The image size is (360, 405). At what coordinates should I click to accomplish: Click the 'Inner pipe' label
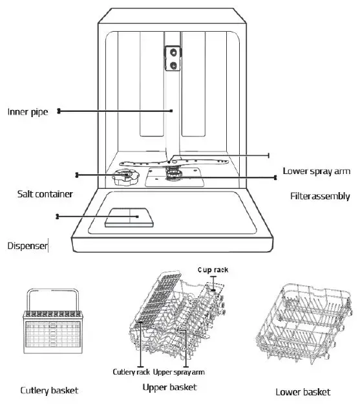(x=28, y=111)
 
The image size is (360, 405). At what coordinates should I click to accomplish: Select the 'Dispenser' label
(x=27, y=245)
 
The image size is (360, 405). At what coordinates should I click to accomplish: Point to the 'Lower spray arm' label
(x=317, y=171)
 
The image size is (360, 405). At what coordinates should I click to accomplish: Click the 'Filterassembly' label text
(x=319, y=196)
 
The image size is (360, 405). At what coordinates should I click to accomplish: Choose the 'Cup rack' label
(x=213, y=268)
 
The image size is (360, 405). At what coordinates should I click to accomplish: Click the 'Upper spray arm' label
(x=188, y=371)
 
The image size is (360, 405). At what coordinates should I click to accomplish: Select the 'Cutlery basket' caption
(x=49, y=390)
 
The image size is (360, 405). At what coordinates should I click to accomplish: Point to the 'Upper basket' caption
(x=169, y=387)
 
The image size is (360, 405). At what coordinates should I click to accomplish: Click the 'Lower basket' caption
(x=302, y=391)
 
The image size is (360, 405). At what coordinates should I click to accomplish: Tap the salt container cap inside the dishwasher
(x=123, y=177)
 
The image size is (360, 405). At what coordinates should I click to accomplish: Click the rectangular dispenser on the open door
(x=129, y=217)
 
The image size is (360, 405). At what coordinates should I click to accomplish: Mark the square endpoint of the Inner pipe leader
(x=59, y=111)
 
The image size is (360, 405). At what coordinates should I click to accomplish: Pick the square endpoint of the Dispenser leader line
(x=58, y=216)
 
